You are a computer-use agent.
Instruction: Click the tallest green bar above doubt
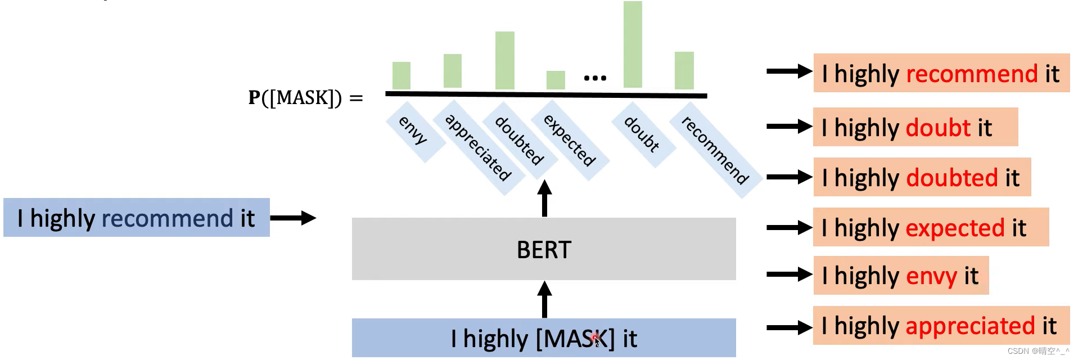point(633,45)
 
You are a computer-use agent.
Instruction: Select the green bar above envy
point(401,75)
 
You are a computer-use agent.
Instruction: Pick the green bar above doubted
point(504,60)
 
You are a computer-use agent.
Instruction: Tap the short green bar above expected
point(556,80)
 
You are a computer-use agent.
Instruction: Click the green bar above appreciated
point(452,71)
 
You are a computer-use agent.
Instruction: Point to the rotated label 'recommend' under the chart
point(715,151)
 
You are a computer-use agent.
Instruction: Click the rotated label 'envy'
point(413,130)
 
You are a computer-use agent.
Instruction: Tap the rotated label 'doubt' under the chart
point(642,134)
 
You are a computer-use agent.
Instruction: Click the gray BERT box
point(544,249)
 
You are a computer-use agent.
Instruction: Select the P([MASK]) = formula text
point(305,98)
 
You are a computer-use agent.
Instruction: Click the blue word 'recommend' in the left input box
point(168,218)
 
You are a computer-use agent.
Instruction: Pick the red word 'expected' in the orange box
point(955,228)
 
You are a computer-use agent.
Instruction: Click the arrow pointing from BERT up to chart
point(544,198)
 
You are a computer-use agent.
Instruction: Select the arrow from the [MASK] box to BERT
point(544,299)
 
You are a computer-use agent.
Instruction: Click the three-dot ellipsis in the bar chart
point(594,78)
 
